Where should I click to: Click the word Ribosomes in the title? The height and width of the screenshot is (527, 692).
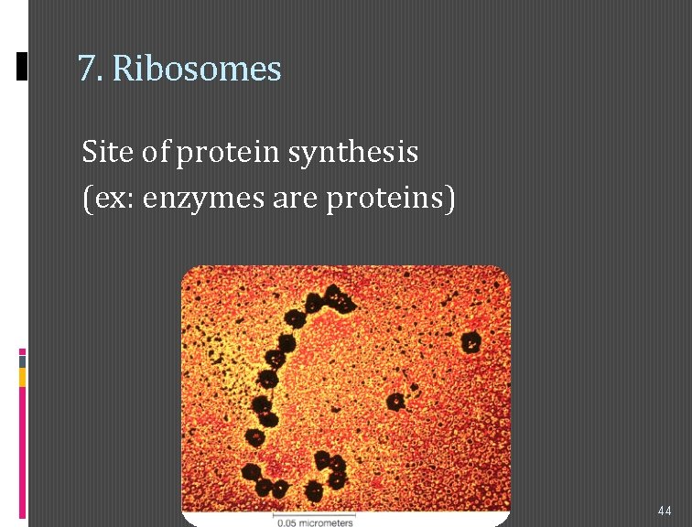pyautogui.click(x=197, y=69)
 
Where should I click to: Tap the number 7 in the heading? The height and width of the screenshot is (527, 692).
pyautogui.click(x=86, y=69)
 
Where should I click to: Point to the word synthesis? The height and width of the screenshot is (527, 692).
pyautogui.click(x=353, y=152)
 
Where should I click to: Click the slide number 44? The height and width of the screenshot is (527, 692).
pyautogui.click(x=665, y=509)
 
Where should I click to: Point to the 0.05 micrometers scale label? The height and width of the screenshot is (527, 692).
pyautogui.click(x=315, y=522)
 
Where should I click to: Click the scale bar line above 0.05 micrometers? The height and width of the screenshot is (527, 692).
pyautogui.click(x=315, y=514)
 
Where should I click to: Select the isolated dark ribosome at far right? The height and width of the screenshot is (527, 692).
pyautogui.click(x=470, y=342)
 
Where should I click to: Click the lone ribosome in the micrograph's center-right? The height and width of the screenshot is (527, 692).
pyautogui.click(x=396, y=401)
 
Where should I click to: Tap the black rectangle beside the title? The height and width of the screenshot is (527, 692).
pyautogui.click(x=23, y=66)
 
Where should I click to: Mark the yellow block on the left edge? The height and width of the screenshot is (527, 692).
pyautogui.click(x=23, y=377)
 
